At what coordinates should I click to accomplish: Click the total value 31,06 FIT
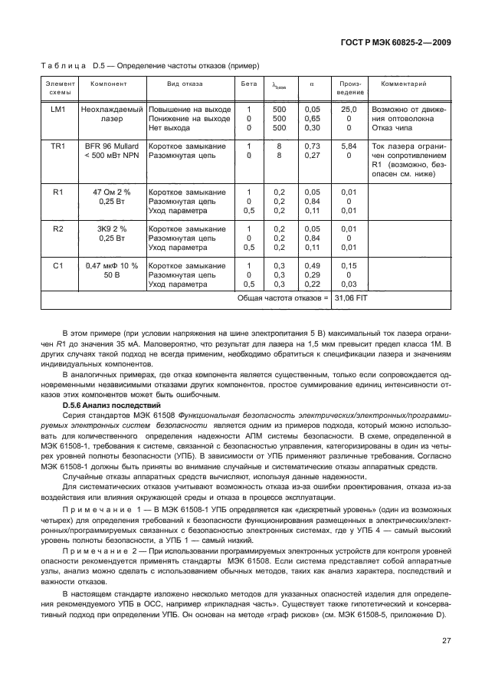349,297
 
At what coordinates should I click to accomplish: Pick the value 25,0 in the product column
349,110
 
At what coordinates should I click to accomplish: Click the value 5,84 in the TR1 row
349,146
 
